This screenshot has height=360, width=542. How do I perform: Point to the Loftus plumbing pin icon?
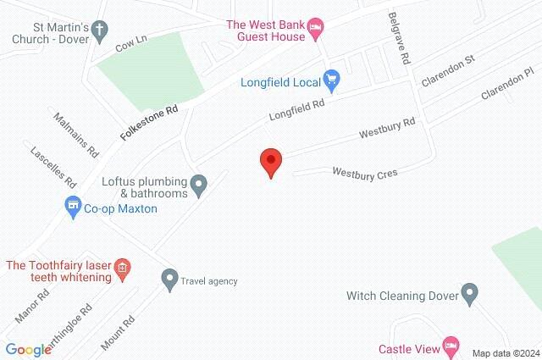199,184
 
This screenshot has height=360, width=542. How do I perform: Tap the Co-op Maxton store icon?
73,206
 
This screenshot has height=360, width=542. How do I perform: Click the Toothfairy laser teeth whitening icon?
121,269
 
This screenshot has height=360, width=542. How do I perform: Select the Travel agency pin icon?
169,277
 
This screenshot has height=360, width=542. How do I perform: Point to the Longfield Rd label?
296,110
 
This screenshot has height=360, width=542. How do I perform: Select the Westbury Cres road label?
365,173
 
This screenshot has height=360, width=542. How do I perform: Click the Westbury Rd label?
386,129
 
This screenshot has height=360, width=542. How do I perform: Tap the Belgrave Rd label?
401,38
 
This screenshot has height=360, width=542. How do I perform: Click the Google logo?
28,350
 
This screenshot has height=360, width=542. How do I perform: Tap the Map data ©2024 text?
505,352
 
